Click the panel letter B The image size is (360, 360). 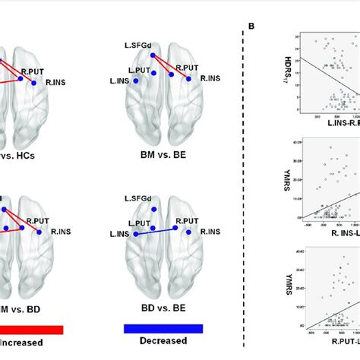coord(251,28)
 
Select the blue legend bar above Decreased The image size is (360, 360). coord(163,328)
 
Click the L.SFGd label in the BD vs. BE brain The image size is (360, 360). coord(137,198)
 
